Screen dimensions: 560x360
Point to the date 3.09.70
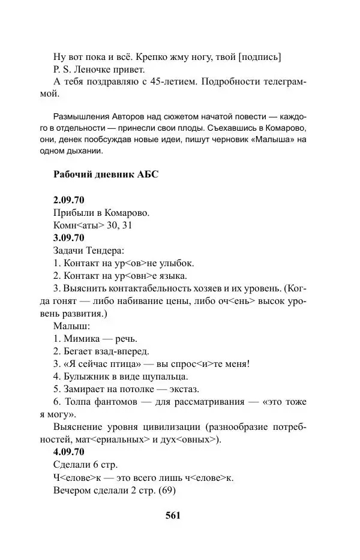[x=70, y=238]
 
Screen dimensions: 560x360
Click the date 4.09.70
[x=70, y=452]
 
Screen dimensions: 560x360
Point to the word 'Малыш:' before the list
[x=71, y=326]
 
